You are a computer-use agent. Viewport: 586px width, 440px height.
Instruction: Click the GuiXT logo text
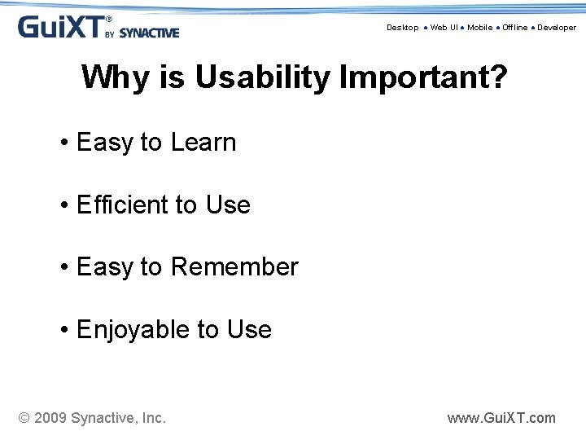(x=61, y=27)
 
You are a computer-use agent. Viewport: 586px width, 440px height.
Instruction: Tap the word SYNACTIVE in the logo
(x=149, y=33)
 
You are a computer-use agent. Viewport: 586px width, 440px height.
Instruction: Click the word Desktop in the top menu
(x=402, y=28)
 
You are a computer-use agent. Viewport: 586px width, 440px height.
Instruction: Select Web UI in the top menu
(x=444, y=28)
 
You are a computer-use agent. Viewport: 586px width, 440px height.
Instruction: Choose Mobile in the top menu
(x=479, y=28)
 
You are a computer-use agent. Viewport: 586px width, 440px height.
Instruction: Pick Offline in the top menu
(x=514, y=28)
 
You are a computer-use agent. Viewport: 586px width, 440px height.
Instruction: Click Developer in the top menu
(x=557, y=28)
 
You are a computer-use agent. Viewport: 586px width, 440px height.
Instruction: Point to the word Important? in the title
(x=423, y=78)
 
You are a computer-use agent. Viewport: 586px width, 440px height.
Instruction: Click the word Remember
(x=235, y=267)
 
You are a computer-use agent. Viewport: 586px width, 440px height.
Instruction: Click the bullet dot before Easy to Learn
(x=63, y=143)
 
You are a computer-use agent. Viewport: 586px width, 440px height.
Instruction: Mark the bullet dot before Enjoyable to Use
(x=63, y=331)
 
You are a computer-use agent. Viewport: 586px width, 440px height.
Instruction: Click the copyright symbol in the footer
(x=24, y=418)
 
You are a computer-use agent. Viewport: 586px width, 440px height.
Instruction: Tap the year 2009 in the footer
(x=50, y=418)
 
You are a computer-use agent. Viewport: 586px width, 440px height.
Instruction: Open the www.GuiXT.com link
(x=501, y=418)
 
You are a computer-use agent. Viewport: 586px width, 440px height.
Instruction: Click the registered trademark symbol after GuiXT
(x=109, y=19)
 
